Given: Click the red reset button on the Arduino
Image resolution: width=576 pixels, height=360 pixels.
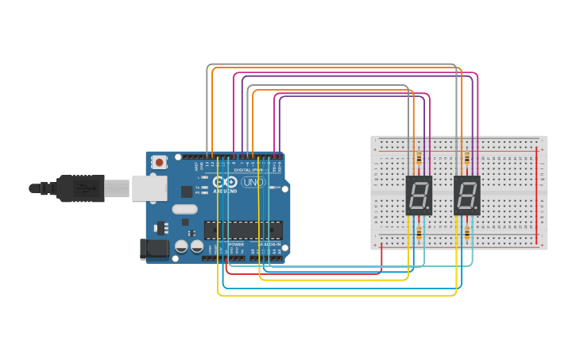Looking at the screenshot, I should tap(160, 162).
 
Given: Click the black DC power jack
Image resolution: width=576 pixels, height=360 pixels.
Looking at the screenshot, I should tap(154, 249).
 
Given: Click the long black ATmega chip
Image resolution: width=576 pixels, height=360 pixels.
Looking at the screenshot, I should tap(243, 230).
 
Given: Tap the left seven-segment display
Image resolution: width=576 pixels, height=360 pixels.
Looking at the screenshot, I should tap(419, 195).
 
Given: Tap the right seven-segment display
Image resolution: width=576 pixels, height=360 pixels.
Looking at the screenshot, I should tap(467, 195).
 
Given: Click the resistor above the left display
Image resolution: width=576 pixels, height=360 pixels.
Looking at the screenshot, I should tap(419, 158).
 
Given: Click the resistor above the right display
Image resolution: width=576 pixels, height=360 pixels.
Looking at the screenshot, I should tap(467, 158).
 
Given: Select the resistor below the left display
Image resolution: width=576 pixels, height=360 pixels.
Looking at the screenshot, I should tap(419, 233).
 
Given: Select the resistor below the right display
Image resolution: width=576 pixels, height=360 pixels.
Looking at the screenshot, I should tap(467, 233).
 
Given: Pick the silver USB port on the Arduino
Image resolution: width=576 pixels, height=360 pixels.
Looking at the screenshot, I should tap(149, 188).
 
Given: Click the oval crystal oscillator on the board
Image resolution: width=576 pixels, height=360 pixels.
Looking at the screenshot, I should tap(184, 210).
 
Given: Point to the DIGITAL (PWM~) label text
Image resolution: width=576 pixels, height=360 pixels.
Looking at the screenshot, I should tap(249, 169).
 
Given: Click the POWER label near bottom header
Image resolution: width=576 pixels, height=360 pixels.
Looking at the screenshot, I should tap(236, 244).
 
